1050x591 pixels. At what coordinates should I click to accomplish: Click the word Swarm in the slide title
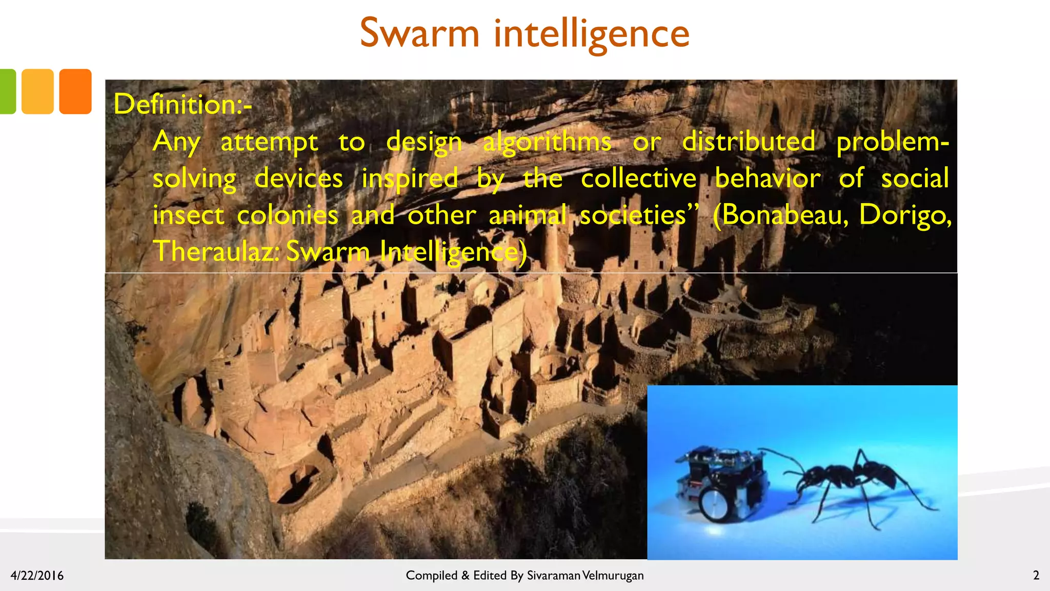click(419, 33)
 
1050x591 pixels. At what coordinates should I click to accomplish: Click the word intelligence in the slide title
click(592, 34)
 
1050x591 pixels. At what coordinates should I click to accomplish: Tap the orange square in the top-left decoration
click(75, 91)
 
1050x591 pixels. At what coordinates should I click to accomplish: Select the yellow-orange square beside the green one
click(37, 91)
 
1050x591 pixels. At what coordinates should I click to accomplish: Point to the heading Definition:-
click(183, 104)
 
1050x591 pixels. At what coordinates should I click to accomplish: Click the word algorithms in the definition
click(547, 142)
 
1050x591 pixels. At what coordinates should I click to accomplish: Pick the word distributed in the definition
click(749, 142)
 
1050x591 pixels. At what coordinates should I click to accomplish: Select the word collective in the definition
click(638, 179)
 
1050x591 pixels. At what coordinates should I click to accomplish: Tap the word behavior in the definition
click(768, 179)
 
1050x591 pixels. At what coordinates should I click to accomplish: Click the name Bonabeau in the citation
click(784, 215)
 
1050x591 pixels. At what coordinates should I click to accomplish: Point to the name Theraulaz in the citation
click(215, 251)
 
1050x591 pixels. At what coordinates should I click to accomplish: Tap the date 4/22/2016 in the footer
click(37, 576)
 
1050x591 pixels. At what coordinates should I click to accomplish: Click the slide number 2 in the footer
click(1036, 576)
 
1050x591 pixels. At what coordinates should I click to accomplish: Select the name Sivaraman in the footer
click(554, 576)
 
